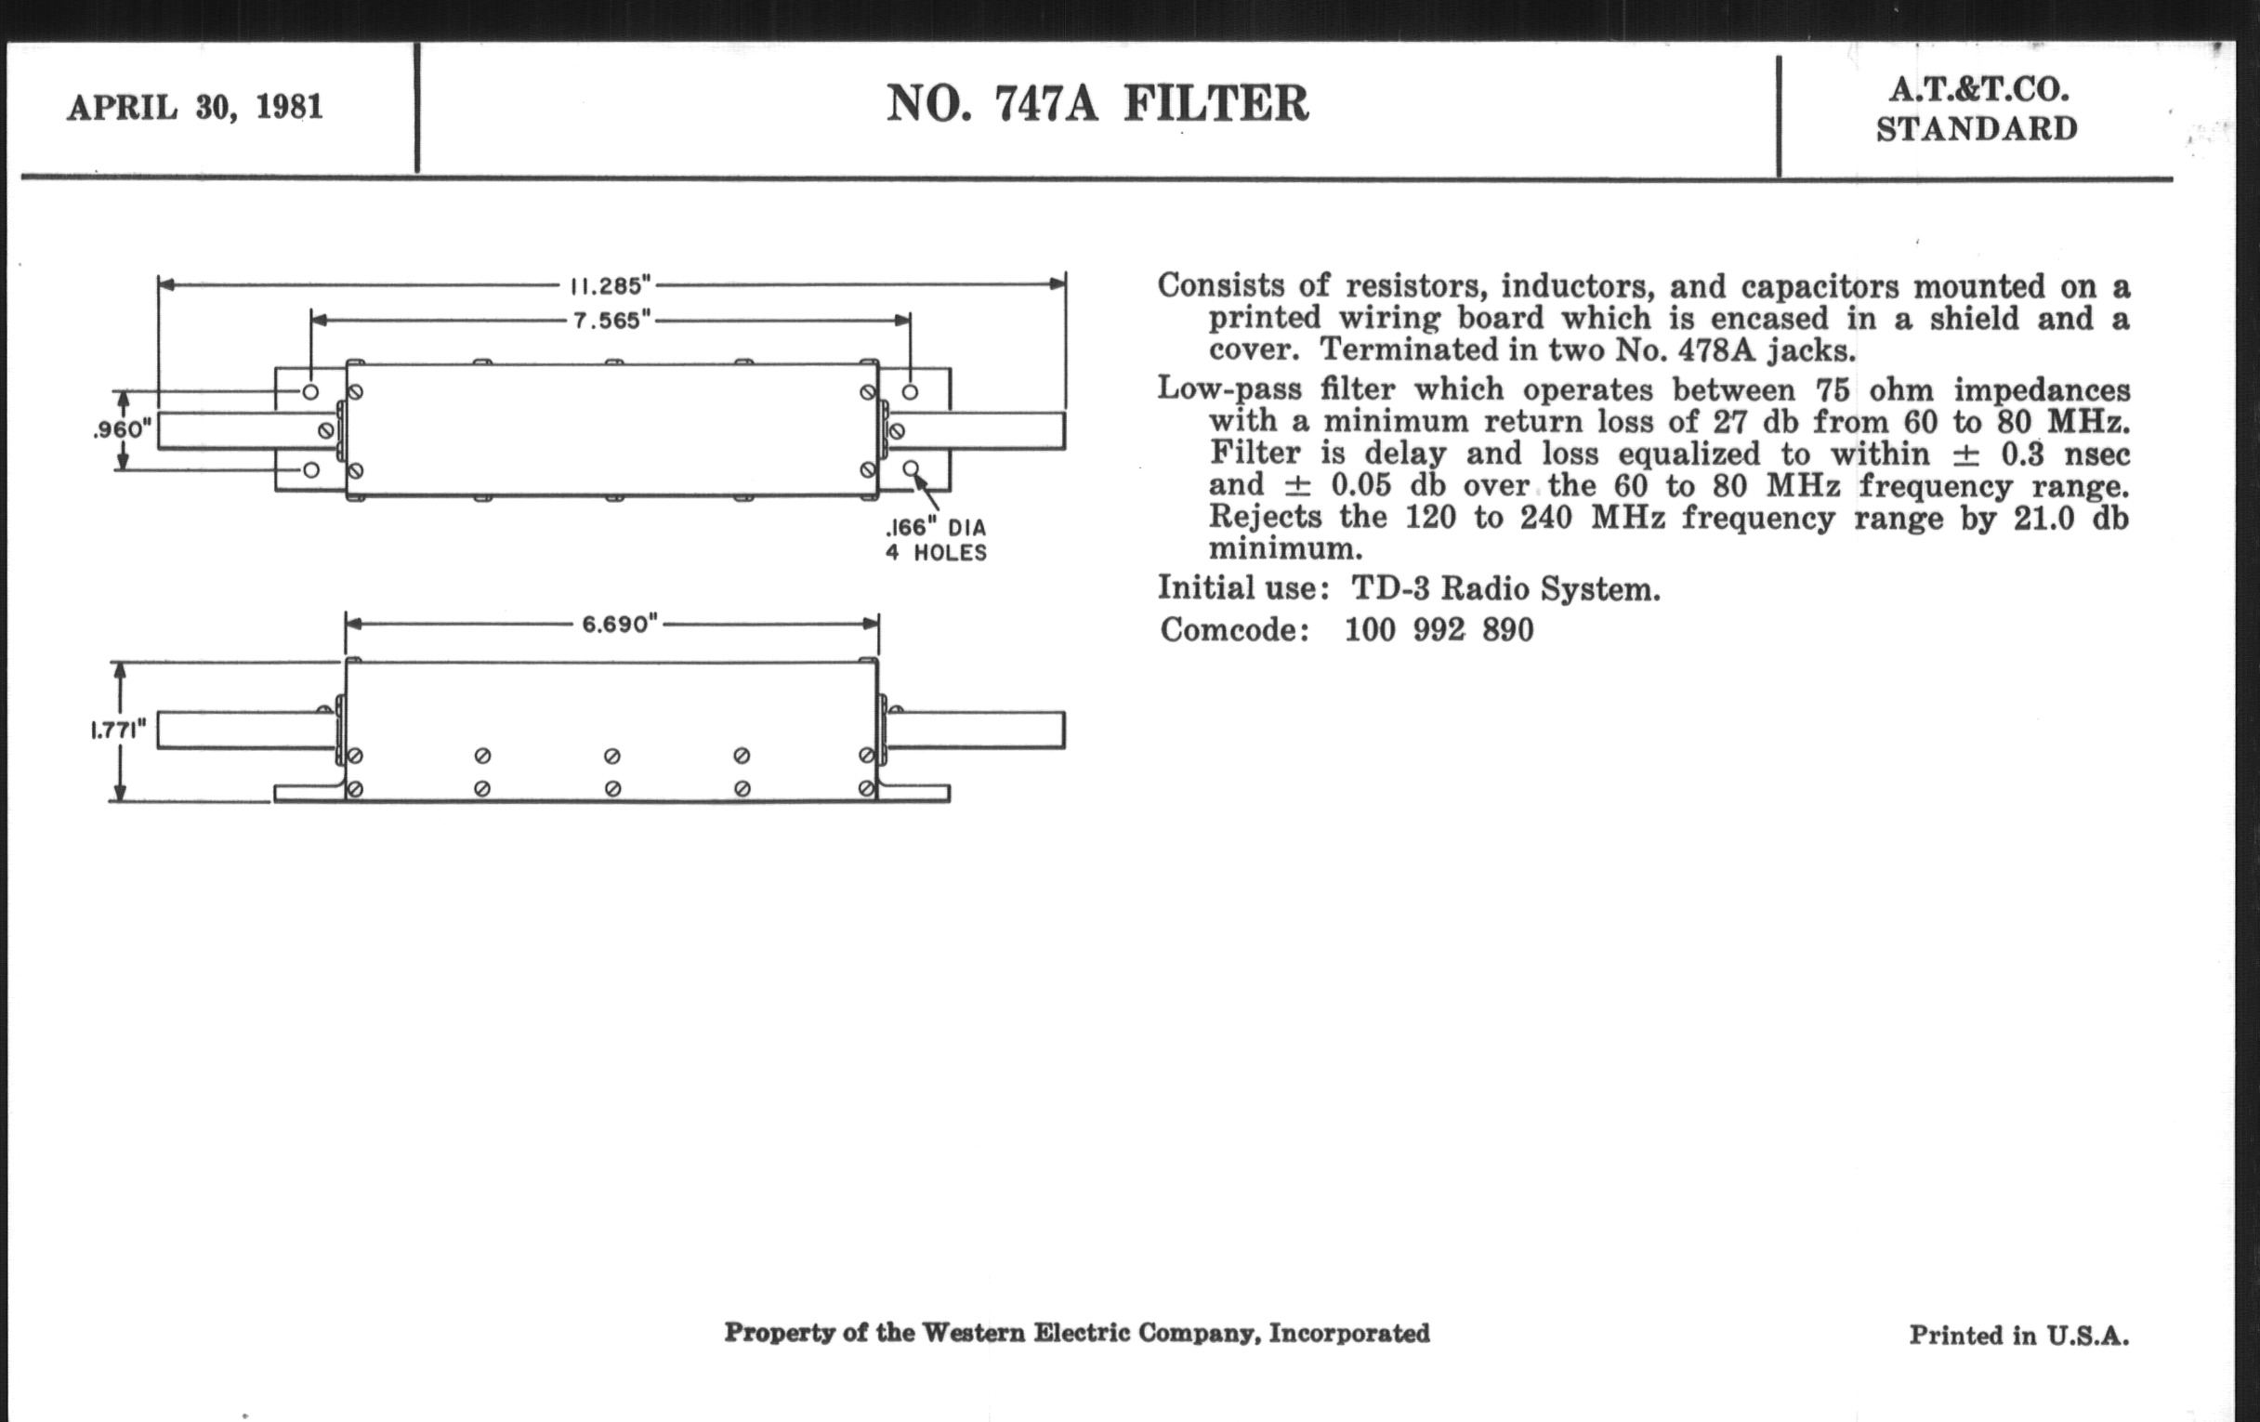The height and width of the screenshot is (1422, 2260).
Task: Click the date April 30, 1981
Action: tap(195, 107)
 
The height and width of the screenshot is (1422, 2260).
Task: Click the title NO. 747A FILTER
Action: tap(1097, 103)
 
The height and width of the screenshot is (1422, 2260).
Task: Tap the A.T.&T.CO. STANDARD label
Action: tap(1977, 109)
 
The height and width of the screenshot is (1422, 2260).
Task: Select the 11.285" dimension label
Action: tap(611, 284)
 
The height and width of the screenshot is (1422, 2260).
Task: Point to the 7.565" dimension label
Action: tap(611, 320)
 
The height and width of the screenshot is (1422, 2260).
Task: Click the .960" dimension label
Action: tap(122, 430)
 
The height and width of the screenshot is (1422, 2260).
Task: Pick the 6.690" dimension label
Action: tap(620, 625)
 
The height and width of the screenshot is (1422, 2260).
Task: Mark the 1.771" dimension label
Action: tap(118, 731)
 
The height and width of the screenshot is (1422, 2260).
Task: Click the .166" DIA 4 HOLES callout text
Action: tap(936, 540)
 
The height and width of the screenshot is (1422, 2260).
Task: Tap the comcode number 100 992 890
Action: tap(1439, 630)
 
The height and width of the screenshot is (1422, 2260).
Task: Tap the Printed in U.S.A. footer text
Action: tap(2018, 1336)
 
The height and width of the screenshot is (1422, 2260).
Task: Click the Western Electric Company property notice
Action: tap(1076, 1333)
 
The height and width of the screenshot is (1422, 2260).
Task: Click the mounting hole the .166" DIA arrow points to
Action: tap(911, 468)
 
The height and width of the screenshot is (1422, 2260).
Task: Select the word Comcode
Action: tap(1233, 630)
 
